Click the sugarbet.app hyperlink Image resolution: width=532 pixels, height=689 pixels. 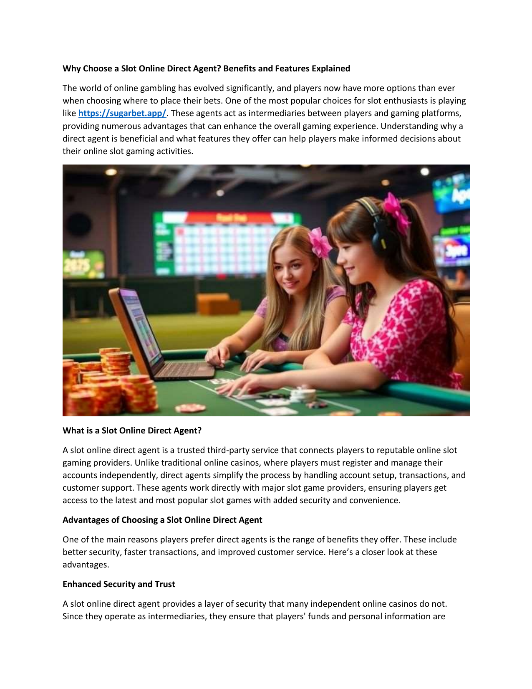pyautogui.click(x=122, y=113)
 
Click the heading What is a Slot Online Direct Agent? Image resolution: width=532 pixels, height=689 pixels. pyautogui.click(x=132, y=431)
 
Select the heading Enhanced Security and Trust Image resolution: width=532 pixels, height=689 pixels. pyautogui.click(x=119, y=584)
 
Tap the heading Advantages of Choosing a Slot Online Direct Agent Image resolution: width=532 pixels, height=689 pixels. pyautogui.click(x=162, y=520)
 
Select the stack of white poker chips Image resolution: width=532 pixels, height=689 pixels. pyautogui.click(x=304, y=394)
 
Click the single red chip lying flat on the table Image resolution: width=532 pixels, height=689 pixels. pyautogui.click(x=190, y=408)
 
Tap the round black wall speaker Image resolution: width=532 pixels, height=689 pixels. pyautogui.click(x=78, y=224)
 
